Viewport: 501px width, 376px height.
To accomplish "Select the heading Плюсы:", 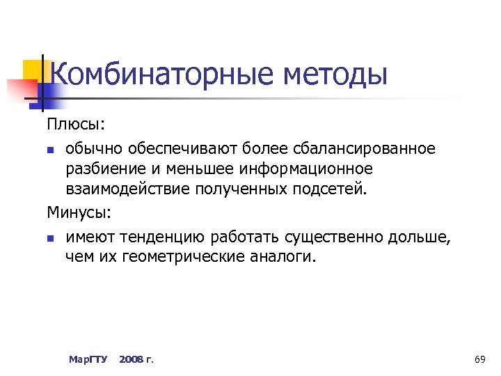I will pos(76,124).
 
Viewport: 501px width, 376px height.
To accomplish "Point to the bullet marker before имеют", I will pos(51,238).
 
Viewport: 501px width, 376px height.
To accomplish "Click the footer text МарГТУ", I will pos(88,359).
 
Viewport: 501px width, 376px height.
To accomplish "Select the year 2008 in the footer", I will pos(131,359).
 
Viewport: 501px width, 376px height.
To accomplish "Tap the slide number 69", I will pos(479,359).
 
